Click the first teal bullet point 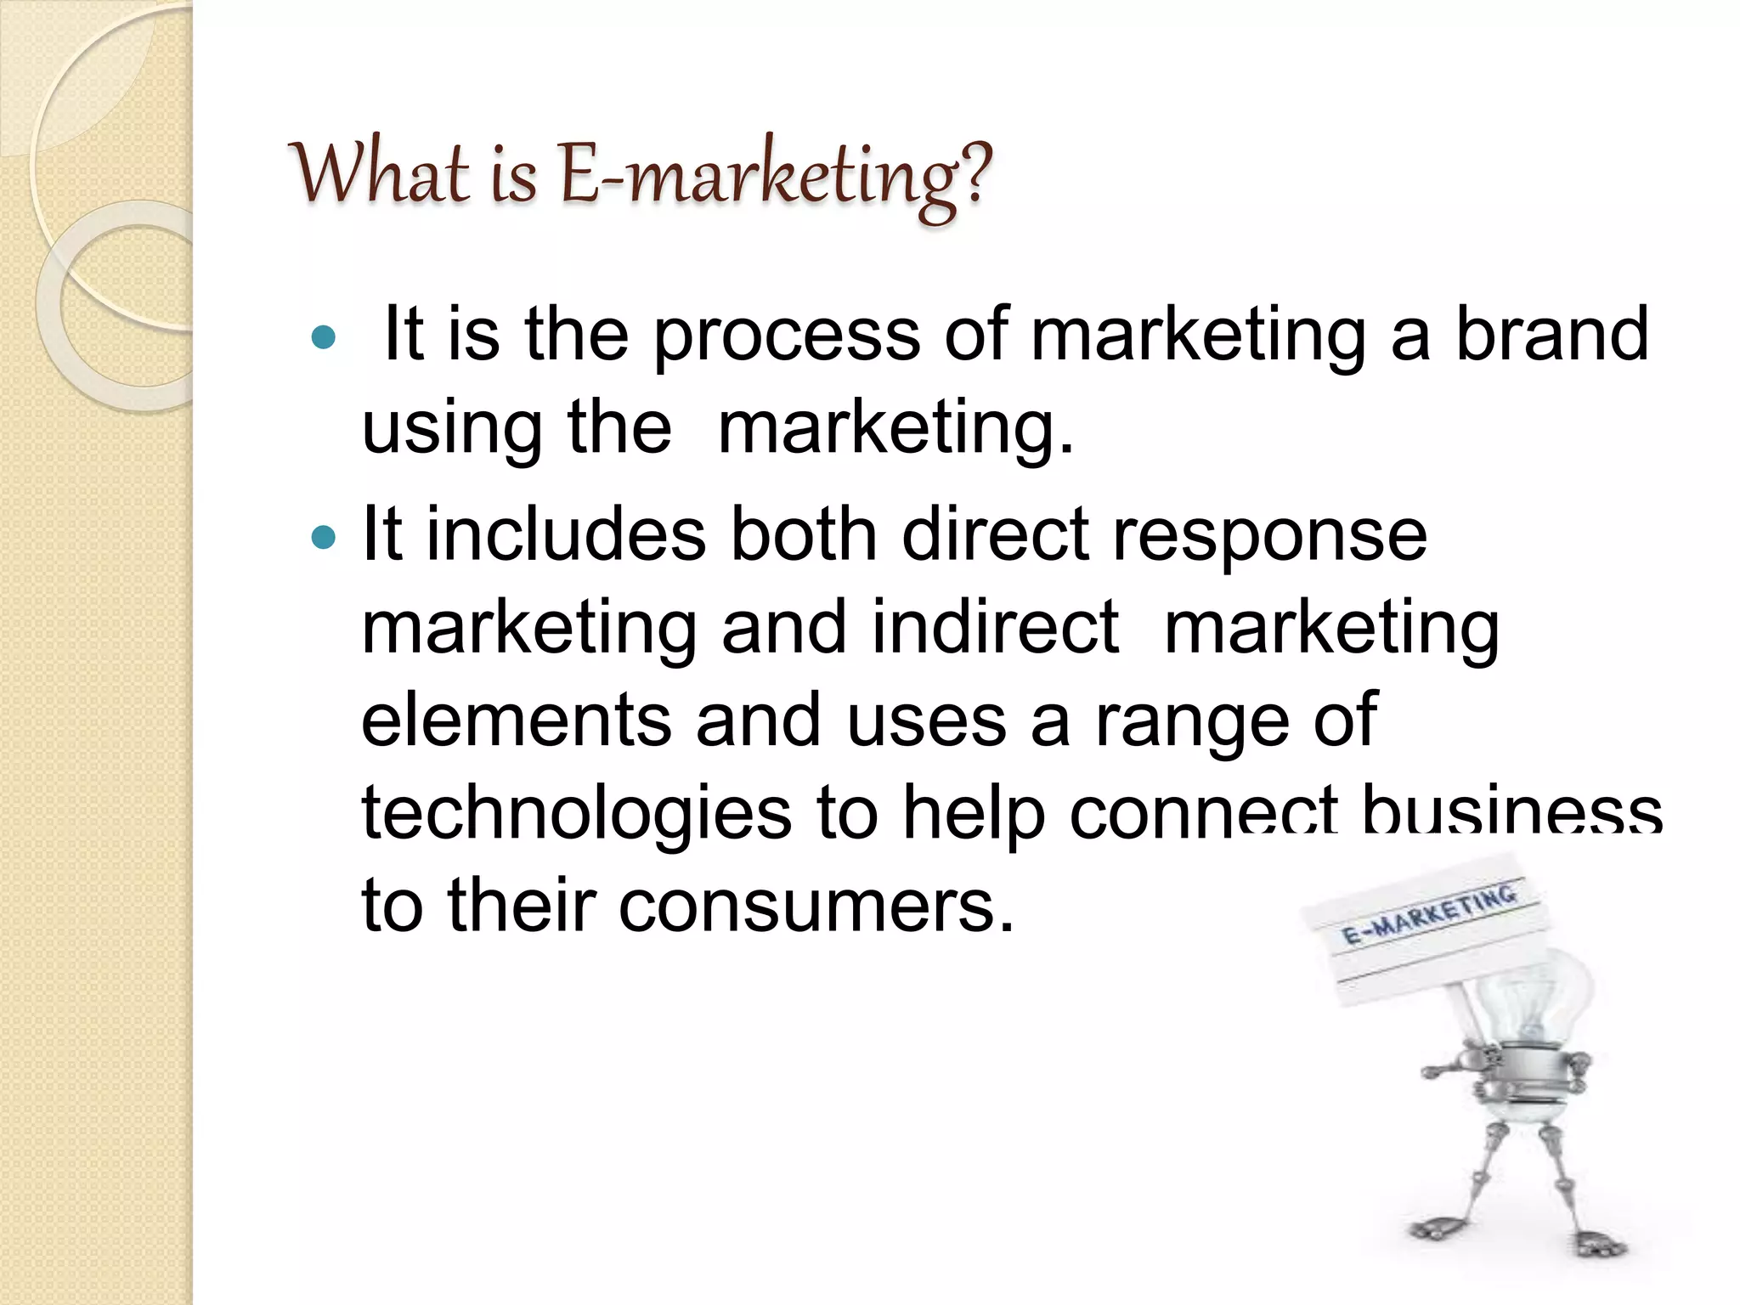click(324, 338)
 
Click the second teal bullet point click(324, 538)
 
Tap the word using click(452, 429)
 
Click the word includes click(565, 535)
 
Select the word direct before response click(994, 535)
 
